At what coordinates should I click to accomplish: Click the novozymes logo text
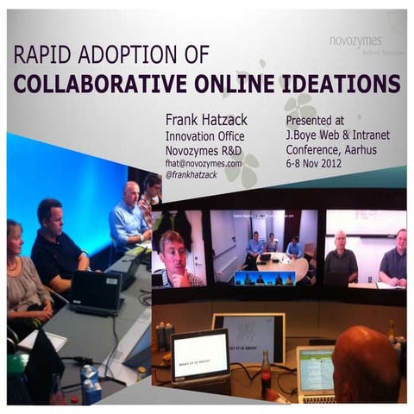(356, 40)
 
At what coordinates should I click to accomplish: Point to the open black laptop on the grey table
(97, 292)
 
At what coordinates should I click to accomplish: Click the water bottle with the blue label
(90, 384)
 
